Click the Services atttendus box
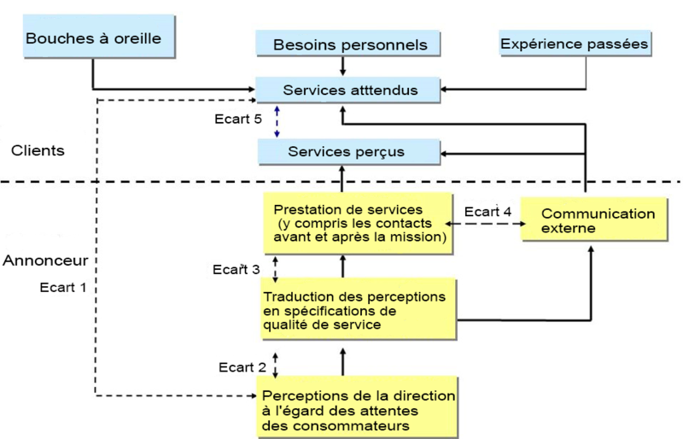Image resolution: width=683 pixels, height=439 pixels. pos(350,88)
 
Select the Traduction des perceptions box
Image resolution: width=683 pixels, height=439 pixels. pos(359,310)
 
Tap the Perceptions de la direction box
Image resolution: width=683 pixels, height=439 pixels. pos(358,409)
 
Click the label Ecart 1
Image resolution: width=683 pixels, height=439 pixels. pos(63,287)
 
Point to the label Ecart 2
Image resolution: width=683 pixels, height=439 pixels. pos(242,368)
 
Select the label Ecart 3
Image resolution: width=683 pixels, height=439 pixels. pos(236,269)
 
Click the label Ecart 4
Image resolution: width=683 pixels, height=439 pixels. pos(487,211)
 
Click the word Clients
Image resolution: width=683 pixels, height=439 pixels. pos(38,150)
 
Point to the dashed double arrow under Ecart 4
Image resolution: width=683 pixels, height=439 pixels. pos(486,224)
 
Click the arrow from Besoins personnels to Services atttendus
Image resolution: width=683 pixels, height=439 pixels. pos(342,66)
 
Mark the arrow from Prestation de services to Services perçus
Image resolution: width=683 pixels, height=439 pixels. pos(342,179)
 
